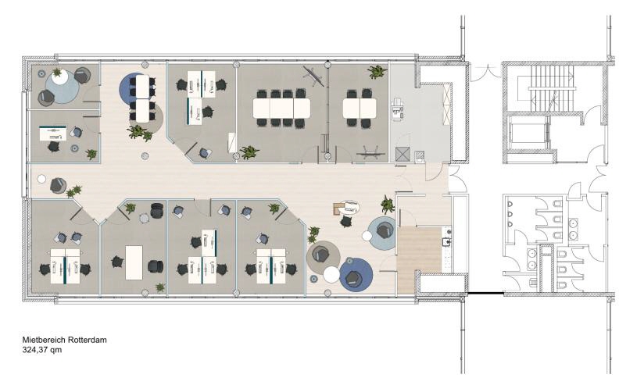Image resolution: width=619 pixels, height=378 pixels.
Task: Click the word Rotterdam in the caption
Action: [x=88, y=340]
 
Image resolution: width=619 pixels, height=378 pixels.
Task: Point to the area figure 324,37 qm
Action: [x=42, y=350]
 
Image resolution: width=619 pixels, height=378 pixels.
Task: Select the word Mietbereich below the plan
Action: [x=45, y=340]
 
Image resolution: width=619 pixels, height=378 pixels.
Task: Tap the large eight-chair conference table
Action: [x=281, y=108]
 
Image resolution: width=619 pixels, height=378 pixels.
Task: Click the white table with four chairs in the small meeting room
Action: [x=360, y=108]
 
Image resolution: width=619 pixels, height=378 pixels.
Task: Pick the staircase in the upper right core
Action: [x=552, y=88]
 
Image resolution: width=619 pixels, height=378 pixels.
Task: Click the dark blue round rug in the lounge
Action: [x=356, y=275]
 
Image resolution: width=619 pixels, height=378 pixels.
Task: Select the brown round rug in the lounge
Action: [x=324, y=258]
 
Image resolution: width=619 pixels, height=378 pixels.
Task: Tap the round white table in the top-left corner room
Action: [x=59, y=77]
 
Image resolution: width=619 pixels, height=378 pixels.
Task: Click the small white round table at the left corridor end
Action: [x=41, y=179]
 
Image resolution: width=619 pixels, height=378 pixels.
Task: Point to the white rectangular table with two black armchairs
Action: [x=134, y=262]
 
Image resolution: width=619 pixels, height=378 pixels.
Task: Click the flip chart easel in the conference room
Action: [x=314, y=75]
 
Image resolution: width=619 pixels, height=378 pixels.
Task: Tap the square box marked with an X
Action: [x=403, y=154]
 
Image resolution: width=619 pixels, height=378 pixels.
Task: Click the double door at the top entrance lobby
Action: [x=486, y=73]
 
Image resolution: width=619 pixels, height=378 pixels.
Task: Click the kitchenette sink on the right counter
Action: [x=447, y=241]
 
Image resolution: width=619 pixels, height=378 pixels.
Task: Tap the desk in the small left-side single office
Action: [x=53, y=133]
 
